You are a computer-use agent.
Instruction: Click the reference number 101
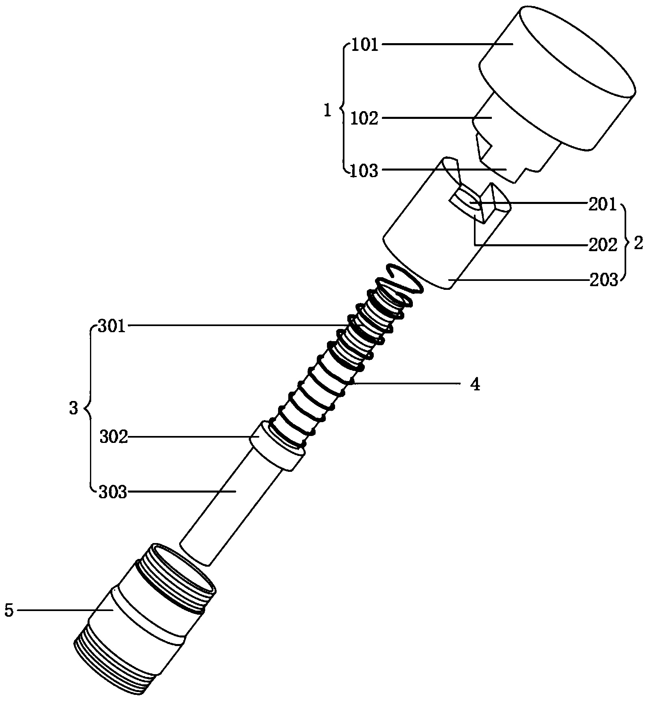coord(365,45)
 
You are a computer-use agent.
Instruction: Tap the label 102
coord(365,119)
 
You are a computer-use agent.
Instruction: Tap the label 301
coord(111,327)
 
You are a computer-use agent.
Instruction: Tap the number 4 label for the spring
coord(475,384)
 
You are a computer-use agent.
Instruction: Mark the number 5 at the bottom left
coord(9,611)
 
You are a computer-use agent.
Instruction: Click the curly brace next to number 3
coord(88,408)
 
